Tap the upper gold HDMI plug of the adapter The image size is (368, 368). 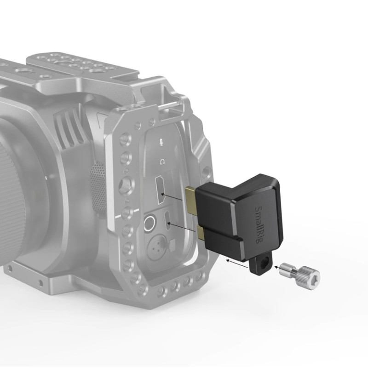pyautogui.click(x=190, y=200)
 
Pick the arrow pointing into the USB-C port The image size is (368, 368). pyautogui.click(x=181, y=227)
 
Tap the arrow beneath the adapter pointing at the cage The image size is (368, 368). pyautogui.click(x=237, y=264)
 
